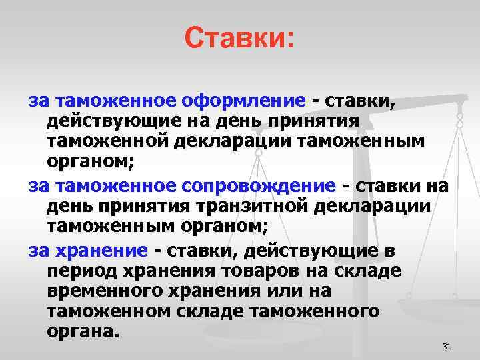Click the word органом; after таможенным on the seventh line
click(x=225, y=227)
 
